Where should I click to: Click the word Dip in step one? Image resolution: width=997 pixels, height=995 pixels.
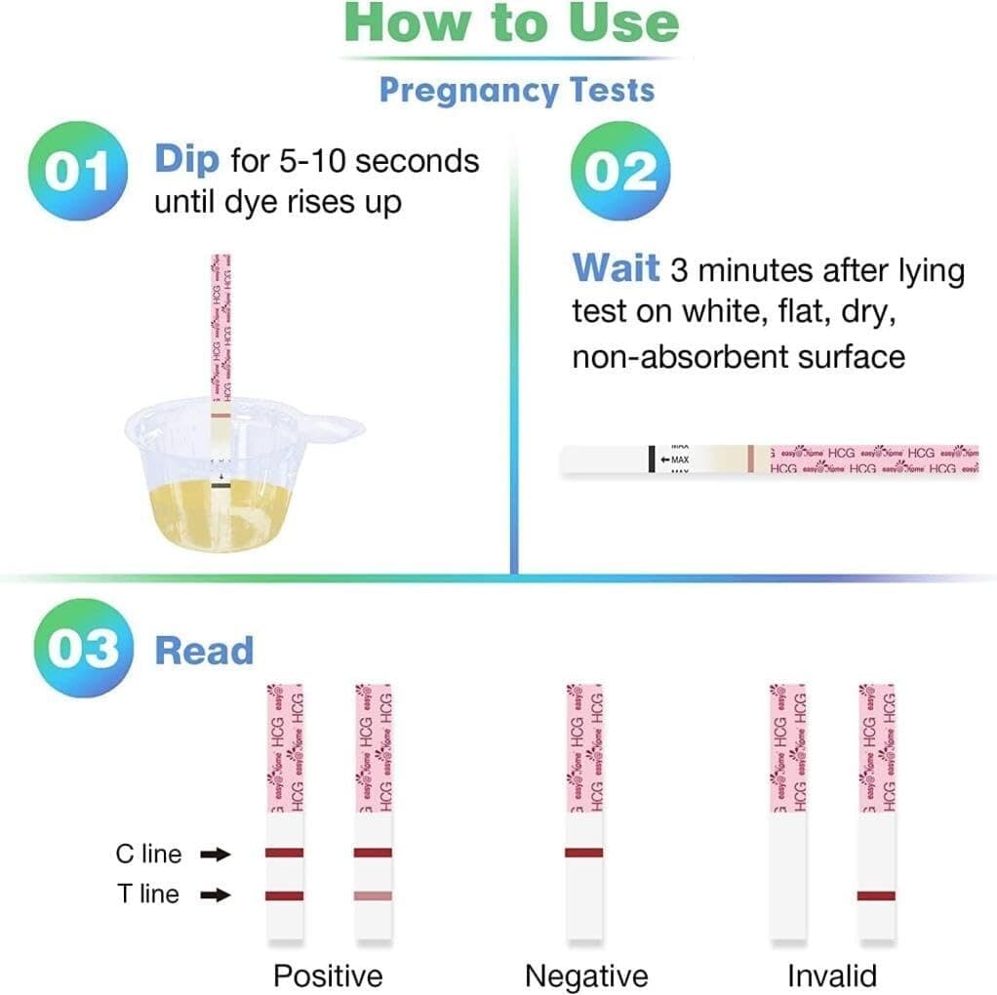pyautogui.click(x=188, y=160)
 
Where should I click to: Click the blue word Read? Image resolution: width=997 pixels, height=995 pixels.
pyautogui.click(x=205, y=651)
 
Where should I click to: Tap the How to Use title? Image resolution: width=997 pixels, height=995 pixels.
pyautogui.click(x=513, y=23)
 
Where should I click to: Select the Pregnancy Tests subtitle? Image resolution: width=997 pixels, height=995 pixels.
pyautogui.click(x=516, y=90)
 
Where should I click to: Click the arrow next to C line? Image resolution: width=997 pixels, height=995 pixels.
pyautogui.click(x=215, y=855)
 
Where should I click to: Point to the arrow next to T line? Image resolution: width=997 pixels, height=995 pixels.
pyautogui.click(x=215, y=895)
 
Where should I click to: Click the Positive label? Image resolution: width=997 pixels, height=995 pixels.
pyautogui.click(x=328, y=975)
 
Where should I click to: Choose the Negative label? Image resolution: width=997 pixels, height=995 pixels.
pyautogui.click(x=586, y=975)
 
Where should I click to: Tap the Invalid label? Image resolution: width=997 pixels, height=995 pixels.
pyautogui.click(x=832, y=975)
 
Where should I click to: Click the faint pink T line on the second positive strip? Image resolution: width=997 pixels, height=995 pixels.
pyautogui.click(x=373, y=895)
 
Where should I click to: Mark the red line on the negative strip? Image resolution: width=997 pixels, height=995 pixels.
pyautogui.click(x=584, y=853)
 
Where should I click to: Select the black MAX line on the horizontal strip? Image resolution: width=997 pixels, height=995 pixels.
pyautogui.click(x=651, y=458)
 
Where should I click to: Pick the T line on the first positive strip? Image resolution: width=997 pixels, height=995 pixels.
pyautogui.click(x=284, y=895)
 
